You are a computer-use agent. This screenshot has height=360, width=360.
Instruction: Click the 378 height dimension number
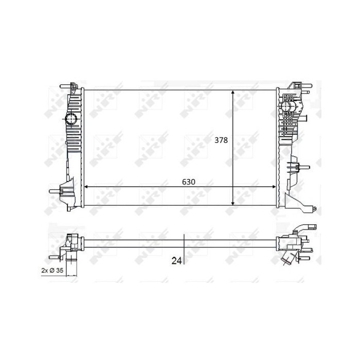click(x=221, y=140)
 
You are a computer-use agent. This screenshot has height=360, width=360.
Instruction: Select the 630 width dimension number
click(x=189, y=182)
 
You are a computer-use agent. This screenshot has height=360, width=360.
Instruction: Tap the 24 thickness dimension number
click(x=176, y=261)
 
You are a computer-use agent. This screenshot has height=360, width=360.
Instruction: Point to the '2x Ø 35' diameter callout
click(x=52, y=270)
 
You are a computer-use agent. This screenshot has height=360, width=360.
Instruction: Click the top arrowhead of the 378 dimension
click(x=233, y=93)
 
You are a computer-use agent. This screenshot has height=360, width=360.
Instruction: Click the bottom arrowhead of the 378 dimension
click(x=233, y=203)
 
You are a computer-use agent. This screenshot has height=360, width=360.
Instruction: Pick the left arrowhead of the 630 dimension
click(x=87, y=187)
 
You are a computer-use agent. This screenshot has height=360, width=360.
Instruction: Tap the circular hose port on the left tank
click(x=71, y=119)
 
